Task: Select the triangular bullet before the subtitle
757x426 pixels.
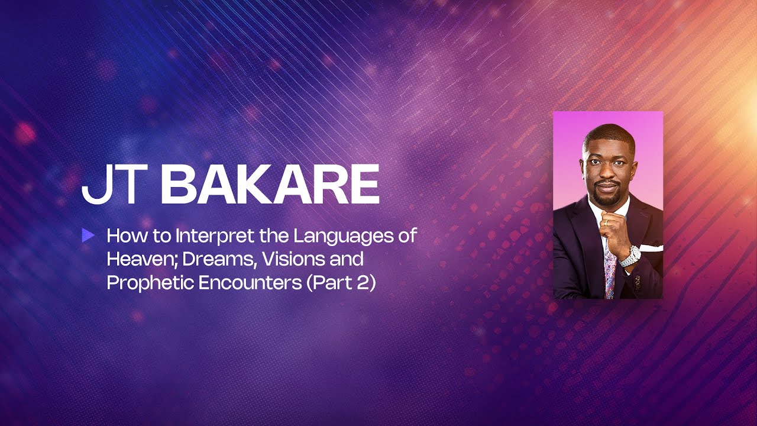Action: pos(88,235)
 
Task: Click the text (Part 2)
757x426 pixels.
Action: pos(341,283)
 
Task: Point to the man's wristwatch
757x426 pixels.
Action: pos(630,256)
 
